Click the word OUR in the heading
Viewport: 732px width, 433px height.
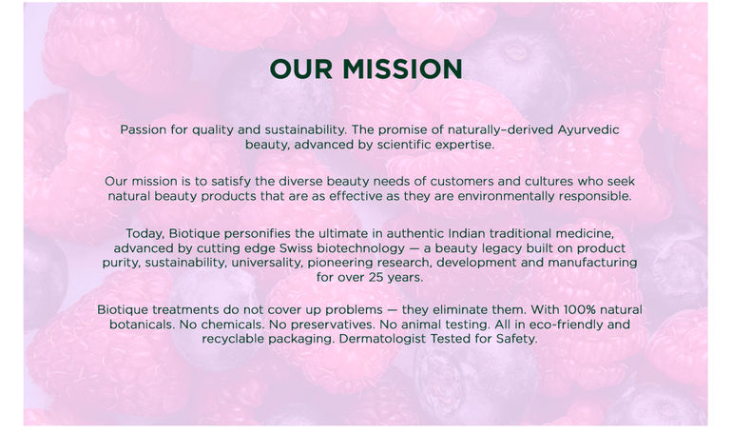click(301, 69)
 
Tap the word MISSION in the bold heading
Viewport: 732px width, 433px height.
click(402, 69)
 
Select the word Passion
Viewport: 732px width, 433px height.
click(144, 129)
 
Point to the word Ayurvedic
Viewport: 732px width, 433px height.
click(588, 129)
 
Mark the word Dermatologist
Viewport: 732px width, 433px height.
click(382, 340)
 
